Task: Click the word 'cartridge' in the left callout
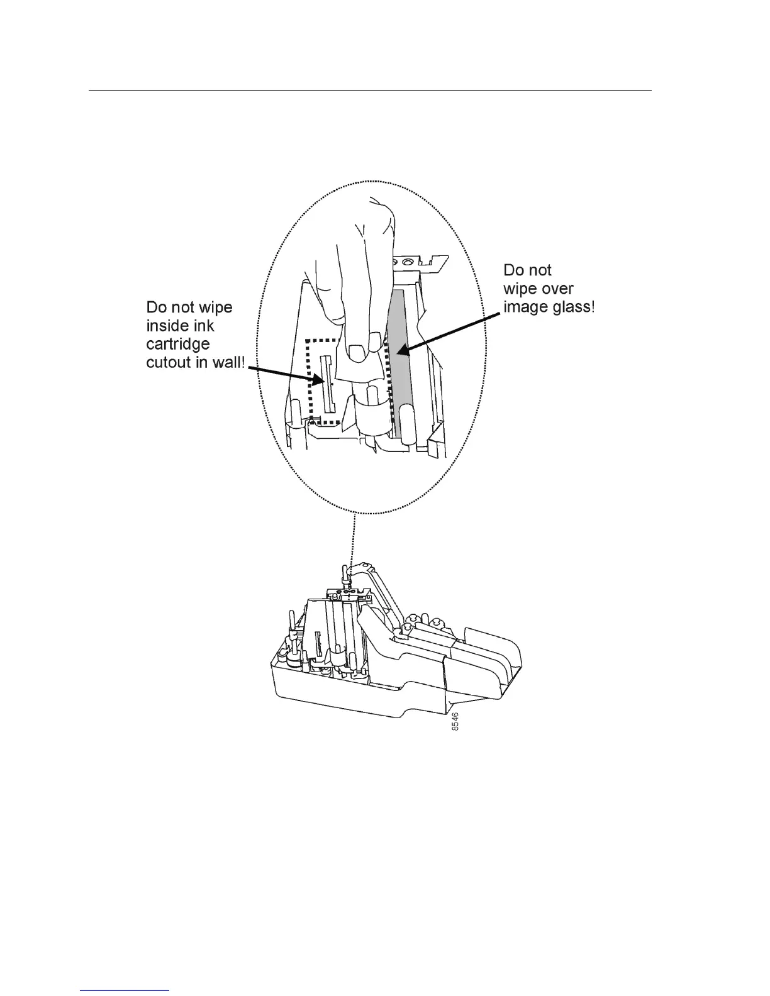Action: pyautogui.click(x=178, y=345)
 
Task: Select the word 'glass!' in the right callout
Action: pyautogui.click(x=571, y=308)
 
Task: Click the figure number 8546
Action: pyautogui.click(x=455, y=721)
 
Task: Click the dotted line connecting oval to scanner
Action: pyautogui.click(x=355, y=541)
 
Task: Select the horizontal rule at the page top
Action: pyautogui.click(x=370, y=90)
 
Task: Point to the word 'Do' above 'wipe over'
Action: pyautogui.click(x=514, y=270)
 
